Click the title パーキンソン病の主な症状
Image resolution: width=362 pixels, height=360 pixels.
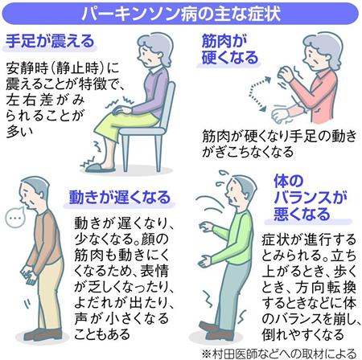181,13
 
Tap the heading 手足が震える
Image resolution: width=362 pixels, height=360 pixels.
50,41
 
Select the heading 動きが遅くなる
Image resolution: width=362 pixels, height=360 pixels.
120,198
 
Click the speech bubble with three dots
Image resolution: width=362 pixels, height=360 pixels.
15,218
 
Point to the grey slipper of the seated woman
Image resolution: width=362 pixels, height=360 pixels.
100,167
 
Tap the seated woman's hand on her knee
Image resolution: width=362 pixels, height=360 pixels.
121,110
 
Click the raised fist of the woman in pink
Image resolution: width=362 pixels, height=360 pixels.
285,73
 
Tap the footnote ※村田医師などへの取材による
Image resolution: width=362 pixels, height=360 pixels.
279,354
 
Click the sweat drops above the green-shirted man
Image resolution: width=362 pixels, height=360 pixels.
221,178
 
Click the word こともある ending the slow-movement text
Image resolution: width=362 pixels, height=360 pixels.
102,334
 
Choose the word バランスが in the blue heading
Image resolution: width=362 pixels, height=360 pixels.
310,198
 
